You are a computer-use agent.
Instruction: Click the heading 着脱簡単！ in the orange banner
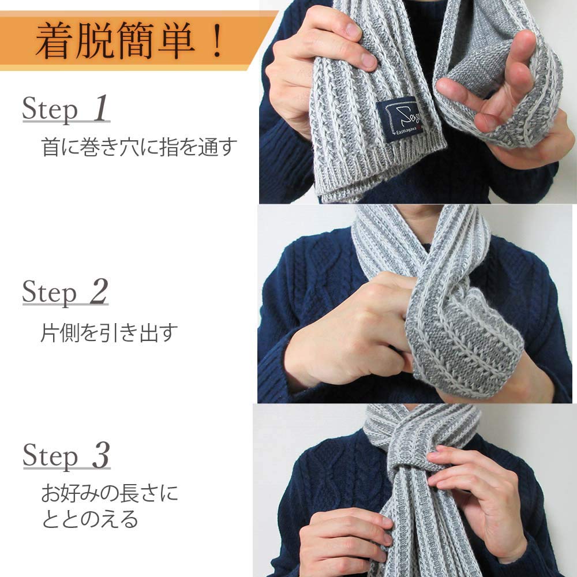(129, 40)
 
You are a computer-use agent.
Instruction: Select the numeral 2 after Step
(98, 291)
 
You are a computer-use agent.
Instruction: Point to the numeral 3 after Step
(100, 455)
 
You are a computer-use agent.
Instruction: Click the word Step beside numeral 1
(50, 109)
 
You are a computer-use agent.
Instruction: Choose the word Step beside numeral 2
(50, 293)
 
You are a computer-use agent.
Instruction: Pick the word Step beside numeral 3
(50, 456)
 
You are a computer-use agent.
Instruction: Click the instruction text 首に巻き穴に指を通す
(138, 147)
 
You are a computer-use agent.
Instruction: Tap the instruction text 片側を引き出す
(109, 333)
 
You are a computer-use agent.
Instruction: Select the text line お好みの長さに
(109, 493)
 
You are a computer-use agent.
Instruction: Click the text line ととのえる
(90, 519)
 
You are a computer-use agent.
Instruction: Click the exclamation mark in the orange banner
(217, 40)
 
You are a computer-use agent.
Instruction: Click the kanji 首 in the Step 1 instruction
(51, 147)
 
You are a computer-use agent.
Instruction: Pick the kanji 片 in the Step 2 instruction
(50, 333)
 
